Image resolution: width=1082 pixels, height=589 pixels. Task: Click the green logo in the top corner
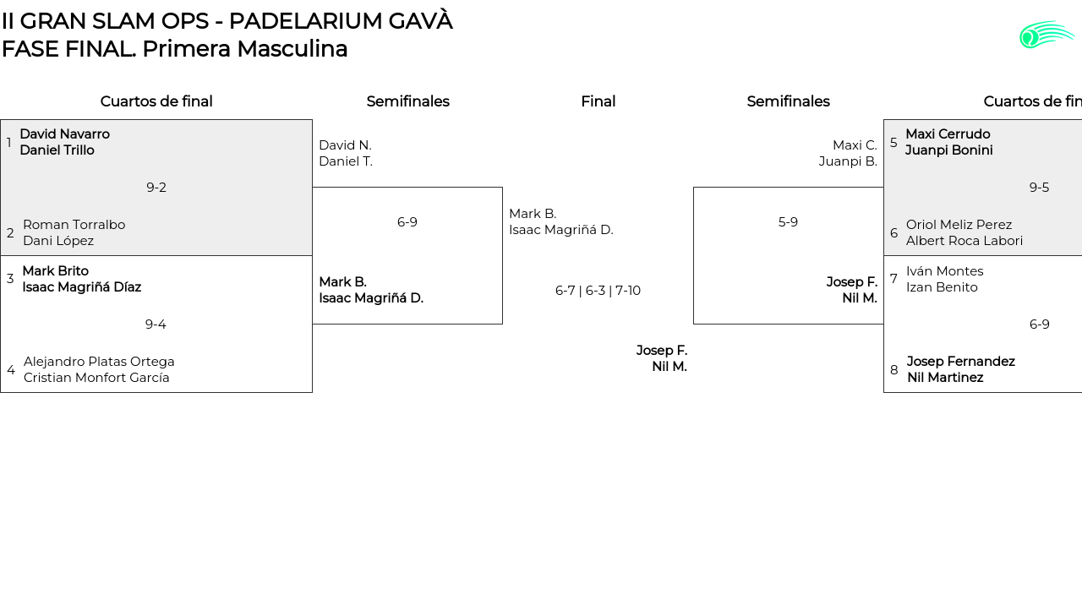[1046, 35]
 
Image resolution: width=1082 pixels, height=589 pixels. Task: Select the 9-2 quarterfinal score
[156, 188]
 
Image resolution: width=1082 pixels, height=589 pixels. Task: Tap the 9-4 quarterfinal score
[156, 324]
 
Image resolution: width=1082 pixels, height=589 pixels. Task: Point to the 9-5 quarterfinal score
[1039, 188]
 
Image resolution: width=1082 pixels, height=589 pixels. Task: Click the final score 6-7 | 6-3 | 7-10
[598, 291]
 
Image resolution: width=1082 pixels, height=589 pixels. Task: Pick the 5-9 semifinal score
[788, 222]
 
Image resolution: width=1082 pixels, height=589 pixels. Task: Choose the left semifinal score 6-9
[407, 222]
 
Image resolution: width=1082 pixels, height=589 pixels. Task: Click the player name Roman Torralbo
[74, 225]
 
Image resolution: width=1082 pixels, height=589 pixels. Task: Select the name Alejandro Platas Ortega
[99, 362]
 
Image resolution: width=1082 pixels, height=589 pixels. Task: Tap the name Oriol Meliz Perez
[959, 225]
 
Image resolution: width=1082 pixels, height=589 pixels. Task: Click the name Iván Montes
[944, 271]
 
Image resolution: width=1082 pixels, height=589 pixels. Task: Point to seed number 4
[11, 370]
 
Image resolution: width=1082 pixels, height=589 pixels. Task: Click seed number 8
[894, 370]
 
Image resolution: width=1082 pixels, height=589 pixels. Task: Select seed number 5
[893, 143]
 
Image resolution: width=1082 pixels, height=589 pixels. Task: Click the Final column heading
[598, 101]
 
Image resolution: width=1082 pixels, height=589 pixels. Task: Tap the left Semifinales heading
[407, 101]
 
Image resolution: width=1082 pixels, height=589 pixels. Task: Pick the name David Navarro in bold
[64, 134]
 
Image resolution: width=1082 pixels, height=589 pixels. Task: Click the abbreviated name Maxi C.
[855, 145]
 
